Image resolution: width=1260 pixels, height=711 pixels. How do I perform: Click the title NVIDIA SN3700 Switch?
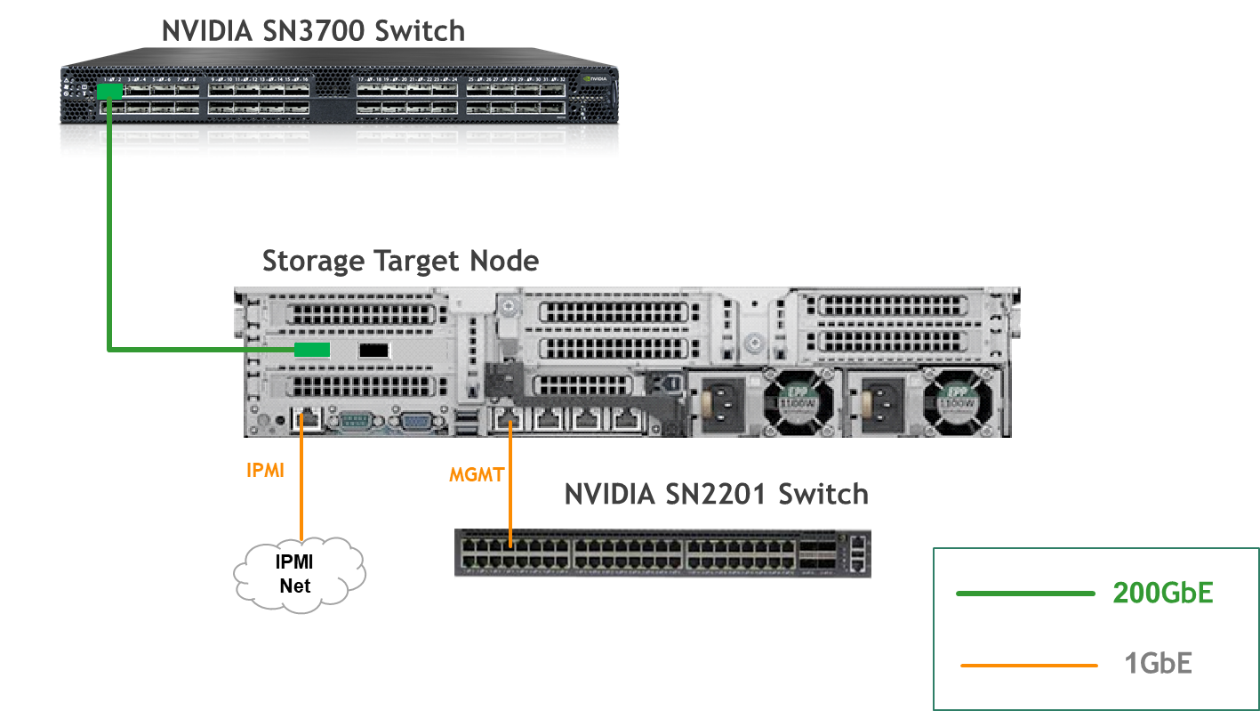(x=312, y=30)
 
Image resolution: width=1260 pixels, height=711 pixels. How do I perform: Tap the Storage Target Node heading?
(x=400, y=262)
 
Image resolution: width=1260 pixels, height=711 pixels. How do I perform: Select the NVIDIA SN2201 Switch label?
(x=716, y=493)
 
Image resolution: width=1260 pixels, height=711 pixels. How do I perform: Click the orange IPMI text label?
(x=265, y=470)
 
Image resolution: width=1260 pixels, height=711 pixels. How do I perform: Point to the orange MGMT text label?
(x=477, y=474)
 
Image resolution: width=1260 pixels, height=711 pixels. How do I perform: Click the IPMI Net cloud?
(x=300, y=575)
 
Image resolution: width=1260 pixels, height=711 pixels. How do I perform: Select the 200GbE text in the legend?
(x=1162, y=594)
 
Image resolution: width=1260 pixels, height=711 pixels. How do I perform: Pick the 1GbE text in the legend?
(x=1158, y=664)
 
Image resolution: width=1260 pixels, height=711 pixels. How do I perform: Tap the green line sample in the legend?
(x=1024, y=594)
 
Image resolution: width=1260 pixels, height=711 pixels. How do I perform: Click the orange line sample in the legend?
(x=1029, y=666)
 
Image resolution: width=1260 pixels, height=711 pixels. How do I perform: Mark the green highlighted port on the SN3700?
(x=110, y=90)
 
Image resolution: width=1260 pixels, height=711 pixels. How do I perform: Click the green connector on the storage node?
(x=312, y=350)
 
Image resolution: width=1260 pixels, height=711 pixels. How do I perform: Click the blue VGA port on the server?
(x=414, y=422)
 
